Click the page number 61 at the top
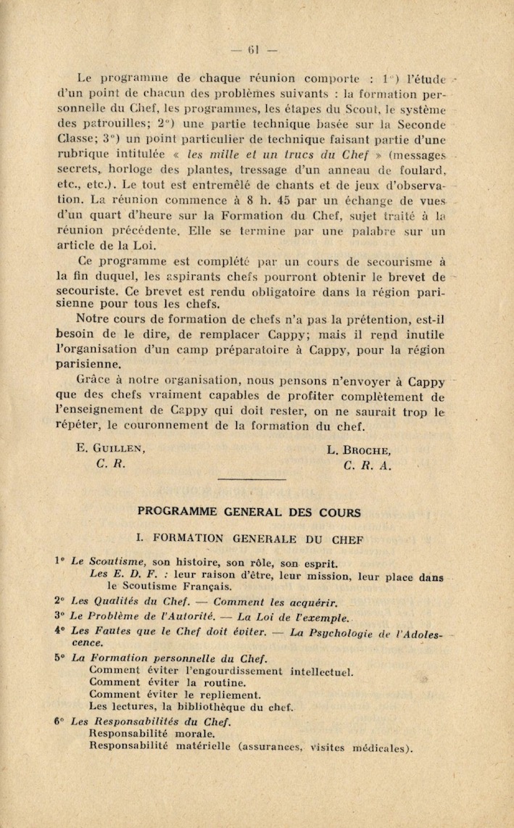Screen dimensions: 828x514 (x=254, y=50)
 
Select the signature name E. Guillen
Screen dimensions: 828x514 (x=111, y=449)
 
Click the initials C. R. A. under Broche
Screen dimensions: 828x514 (x=368, y=465)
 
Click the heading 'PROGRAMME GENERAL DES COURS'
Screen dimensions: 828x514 (x=249, y=513)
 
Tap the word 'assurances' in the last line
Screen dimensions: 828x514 (x=276, y=748)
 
